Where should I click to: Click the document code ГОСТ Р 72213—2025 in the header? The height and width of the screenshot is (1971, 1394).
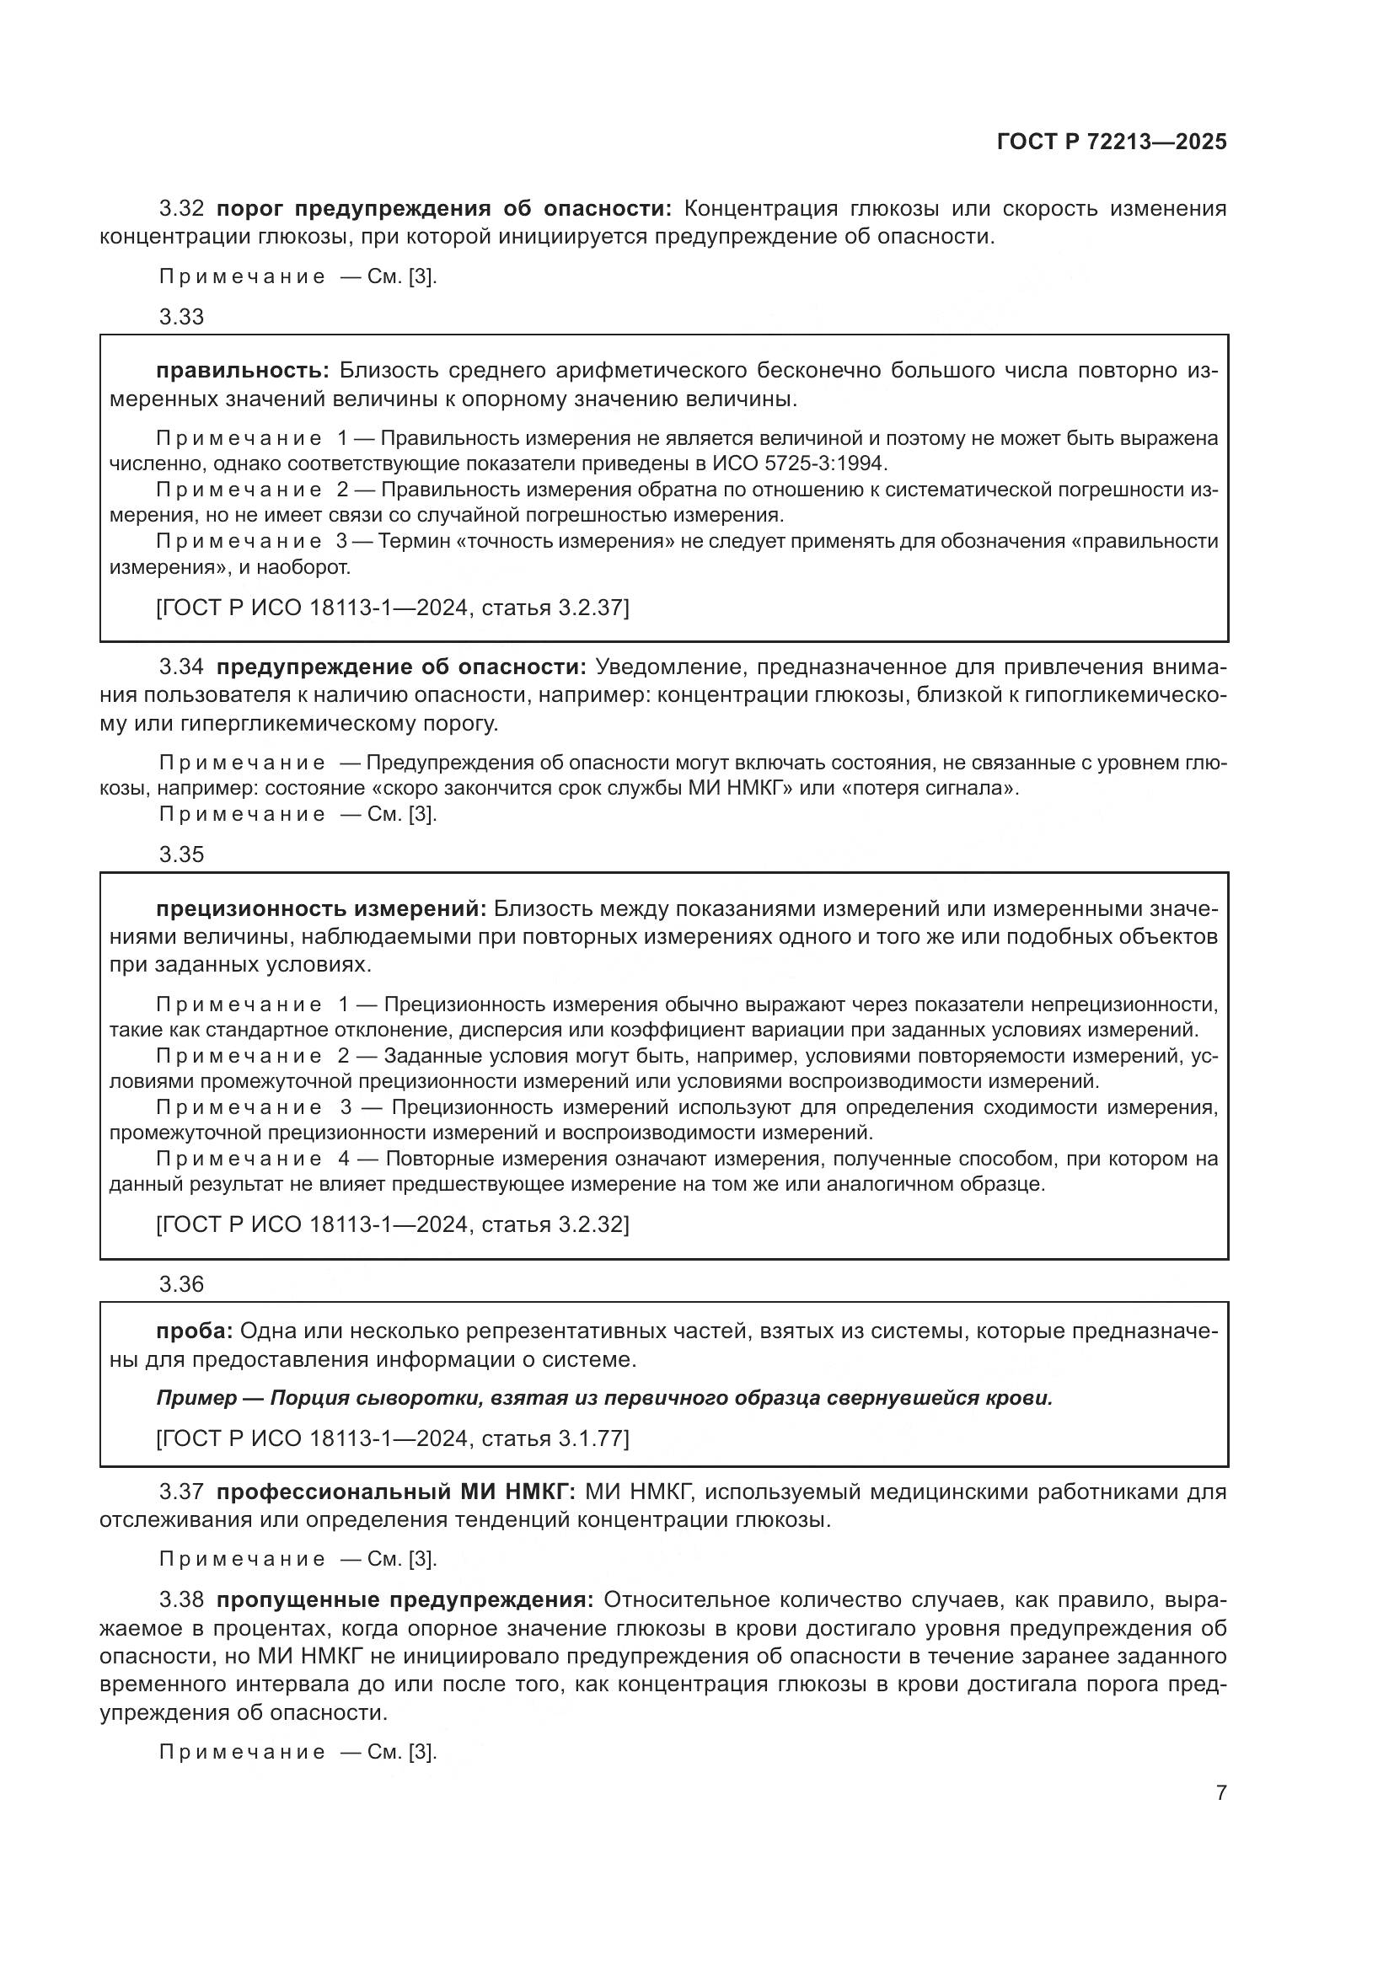pos(1112,142)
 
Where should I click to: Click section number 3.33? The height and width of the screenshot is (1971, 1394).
pos(181,317)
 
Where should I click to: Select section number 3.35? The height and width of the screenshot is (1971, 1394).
pos(181,854)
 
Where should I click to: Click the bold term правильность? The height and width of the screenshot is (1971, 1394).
pos(242,371)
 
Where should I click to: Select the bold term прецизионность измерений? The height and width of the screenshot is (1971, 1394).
pos(321,908)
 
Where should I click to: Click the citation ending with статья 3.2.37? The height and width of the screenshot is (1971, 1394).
pos(392,608)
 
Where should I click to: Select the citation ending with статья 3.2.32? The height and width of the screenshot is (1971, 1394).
pos(392,1224)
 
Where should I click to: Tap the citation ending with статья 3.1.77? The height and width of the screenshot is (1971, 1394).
pos(392,1438)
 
